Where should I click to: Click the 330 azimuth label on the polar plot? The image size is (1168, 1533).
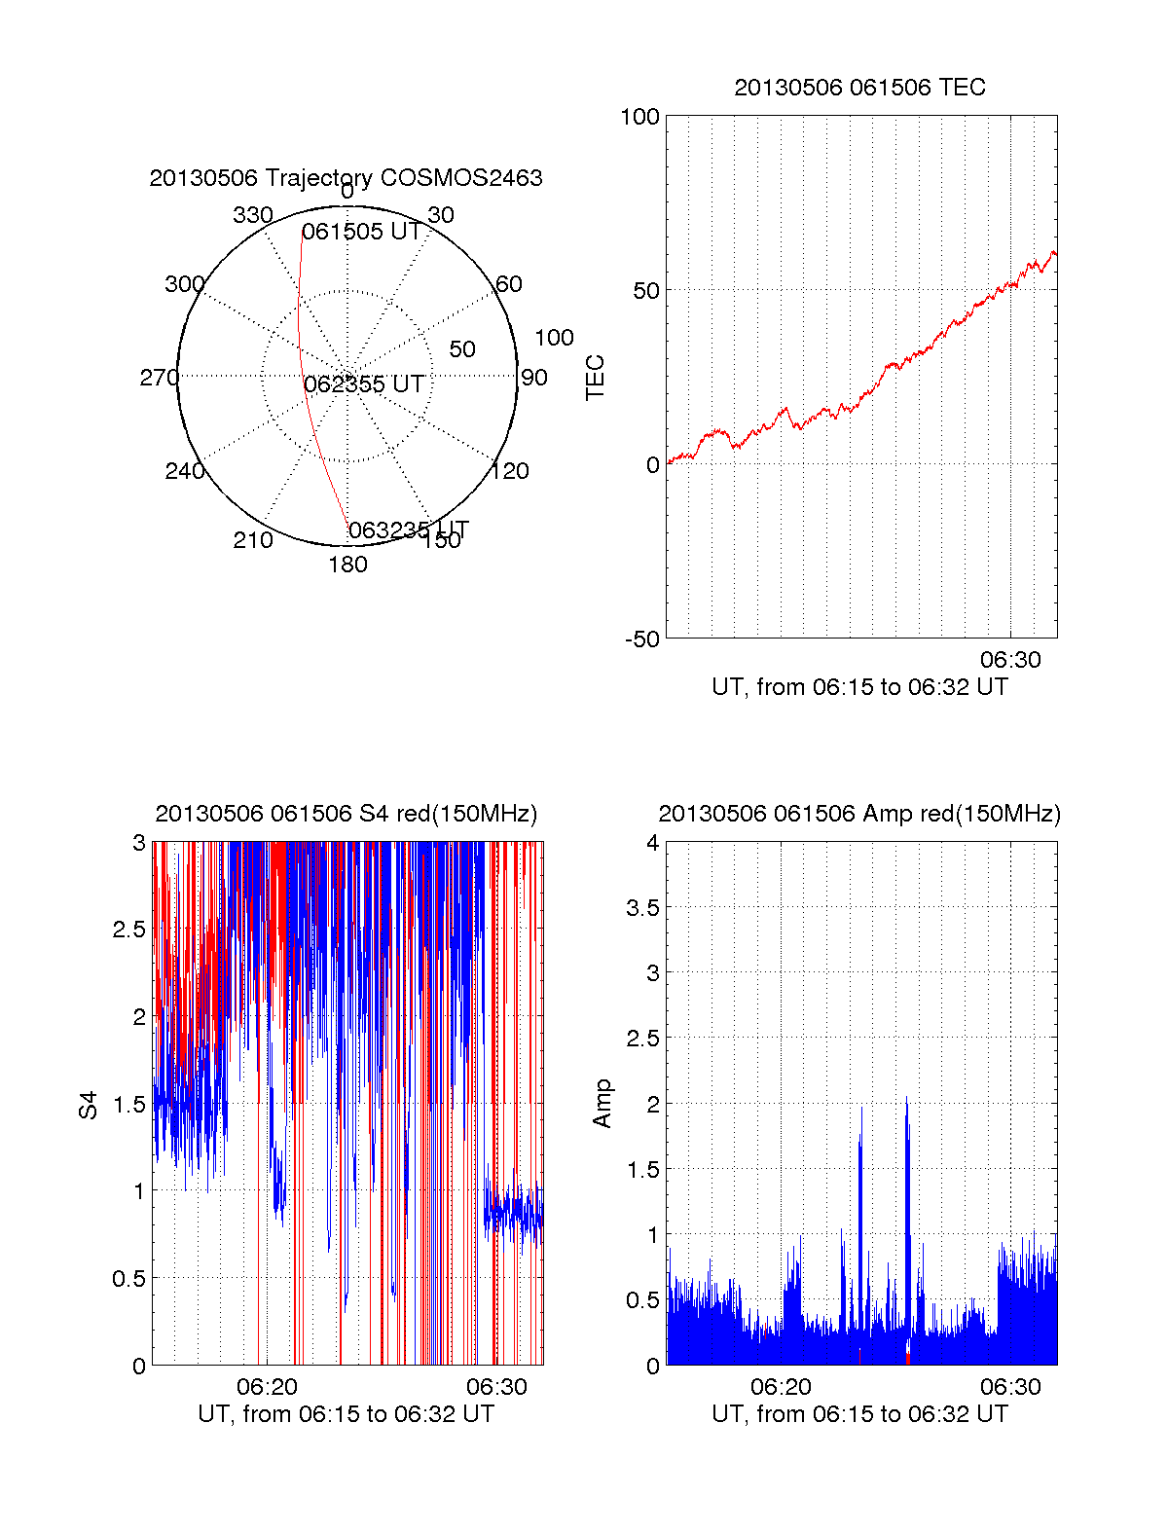click(x=253, y=215)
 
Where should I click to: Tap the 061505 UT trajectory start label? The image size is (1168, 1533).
click(x=361, y=232)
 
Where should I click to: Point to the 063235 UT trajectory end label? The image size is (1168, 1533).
click(x=408, y=530)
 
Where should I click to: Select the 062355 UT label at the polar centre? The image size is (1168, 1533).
click(x=364, y=384)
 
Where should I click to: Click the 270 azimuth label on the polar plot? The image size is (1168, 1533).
click(x=159, y=378)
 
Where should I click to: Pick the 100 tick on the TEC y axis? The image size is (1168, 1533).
click(x=639, y=117)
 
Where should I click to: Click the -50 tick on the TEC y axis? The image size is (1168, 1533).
click(x=641, y=639)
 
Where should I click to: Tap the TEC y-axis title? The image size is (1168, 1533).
click(x=595, y=378)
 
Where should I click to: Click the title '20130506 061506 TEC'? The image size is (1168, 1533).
click(x=859, y=88)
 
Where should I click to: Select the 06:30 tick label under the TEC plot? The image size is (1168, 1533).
click(x=1010, y=660)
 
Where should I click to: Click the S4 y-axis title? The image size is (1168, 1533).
click(x=89, y=1105)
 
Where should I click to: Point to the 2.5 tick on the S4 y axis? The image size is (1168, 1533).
click(x=129, y=930)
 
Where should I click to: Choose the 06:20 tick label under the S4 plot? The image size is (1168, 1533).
click(x=267, y=1387)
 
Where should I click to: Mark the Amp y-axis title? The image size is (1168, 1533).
click(x=602, y=1104)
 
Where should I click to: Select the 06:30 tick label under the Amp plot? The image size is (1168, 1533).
click(x=1010, y=1387)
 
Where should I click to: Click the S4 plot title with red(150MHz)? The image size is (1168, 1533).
click(x=346, y=814)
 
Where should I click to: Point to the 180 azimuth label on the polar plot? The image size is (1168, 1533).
click(x=347, y=565)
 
